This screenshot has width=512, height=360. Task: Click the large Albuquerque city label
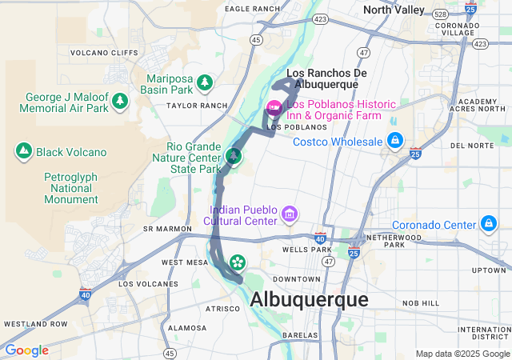[309, 299]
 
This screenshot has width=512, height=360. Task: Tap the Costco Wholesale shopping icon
[394, 141]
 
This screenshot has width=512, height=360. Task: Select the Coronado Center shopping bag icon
[488, 224]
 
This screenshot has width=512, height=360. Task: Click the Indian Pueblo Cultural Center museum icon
[289, 214]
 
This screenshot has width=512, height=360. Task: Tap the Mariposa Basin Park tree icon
[205, 82]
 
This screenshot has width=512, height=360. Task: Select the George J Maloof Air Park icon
[120, 101]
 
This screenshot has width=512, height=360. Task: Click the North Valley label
[393, 10]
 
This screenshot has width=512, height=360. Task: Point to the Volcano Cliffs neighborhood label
[100, 54]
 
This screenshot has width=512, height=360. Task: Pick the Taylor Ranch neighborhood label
[192, 106]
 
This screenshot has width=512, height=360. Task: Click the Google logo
[26, 350]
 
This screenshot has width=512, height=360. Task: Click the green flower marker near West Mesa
[238, 262]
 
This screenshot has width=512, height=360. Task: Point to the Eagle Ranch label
[253, 9]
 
